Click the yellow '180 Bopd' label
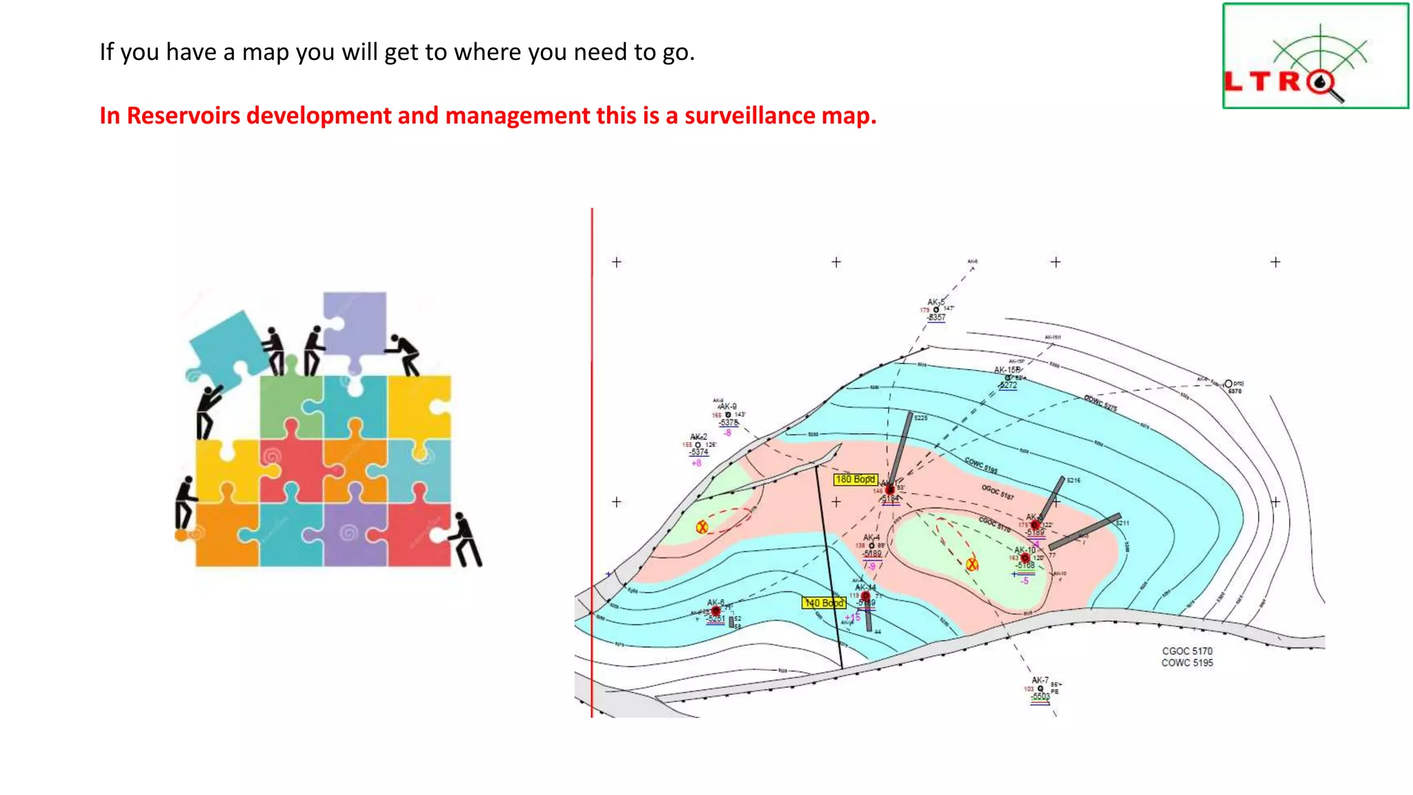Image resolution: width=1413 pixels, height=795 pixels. click(855, 479)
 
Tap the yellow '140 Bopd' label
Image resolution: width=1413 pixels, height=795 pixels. click(824, 602)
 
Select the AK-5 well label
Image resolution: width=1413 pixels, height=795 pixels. click(935, 302)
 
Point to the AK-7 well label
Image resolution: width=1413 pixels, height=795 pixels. click(1040, 680)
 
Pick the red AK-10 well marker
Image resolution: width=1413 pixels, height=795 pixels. click(1025, 558)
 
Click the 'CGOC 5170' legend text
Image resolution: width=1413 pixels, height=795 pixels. click(1187, 651)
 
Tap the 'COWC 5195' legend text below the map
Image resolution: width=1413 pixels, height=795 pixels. click(1187, 662)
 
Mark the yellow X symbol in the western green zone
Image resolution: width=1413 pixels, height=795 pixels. click(702, 527)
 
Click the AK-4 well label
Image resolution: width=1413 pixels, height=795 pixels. click(871, 537)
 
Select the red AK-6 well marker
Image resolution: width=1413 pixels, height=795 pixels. click(716, 611)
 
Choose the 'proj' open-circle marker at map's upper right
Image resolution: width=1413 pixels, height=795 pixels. click(1228, 384)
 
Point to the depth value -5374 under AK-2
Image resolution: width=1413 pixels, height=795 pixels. click(699, 452)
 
